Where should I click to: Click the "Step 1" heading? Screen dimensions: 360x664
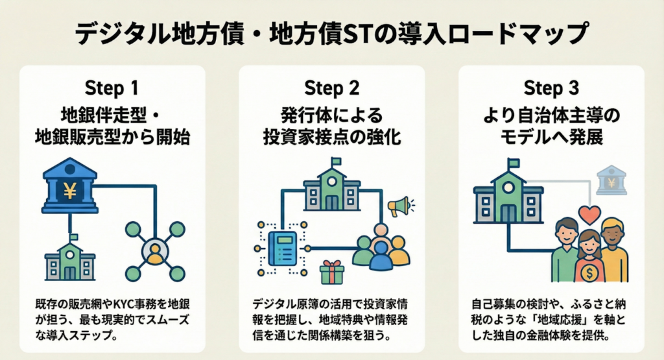coord(112,88)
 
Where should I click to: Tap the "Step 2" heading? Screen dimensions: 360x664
coord(332,88)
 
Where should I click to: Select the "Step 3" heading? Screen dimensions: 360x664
coord(551,88)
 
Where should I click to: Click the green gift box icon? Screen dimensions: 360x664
coord(331,272)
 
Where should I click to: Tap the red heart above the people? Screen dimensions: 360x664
coord(589,215)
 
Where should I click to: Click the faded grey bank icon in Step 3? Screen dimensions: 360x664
coord(611,180)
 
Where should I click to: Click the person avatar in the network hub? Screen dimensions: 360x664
coord(154,251)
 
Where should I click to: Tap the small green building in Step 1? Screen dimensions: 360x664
coord(69,259)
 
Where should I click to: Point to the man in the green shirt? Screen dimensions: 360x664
coord(564,250)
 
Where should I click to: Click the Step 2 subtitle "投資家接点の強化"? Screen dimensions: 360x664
coord(332,138)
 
